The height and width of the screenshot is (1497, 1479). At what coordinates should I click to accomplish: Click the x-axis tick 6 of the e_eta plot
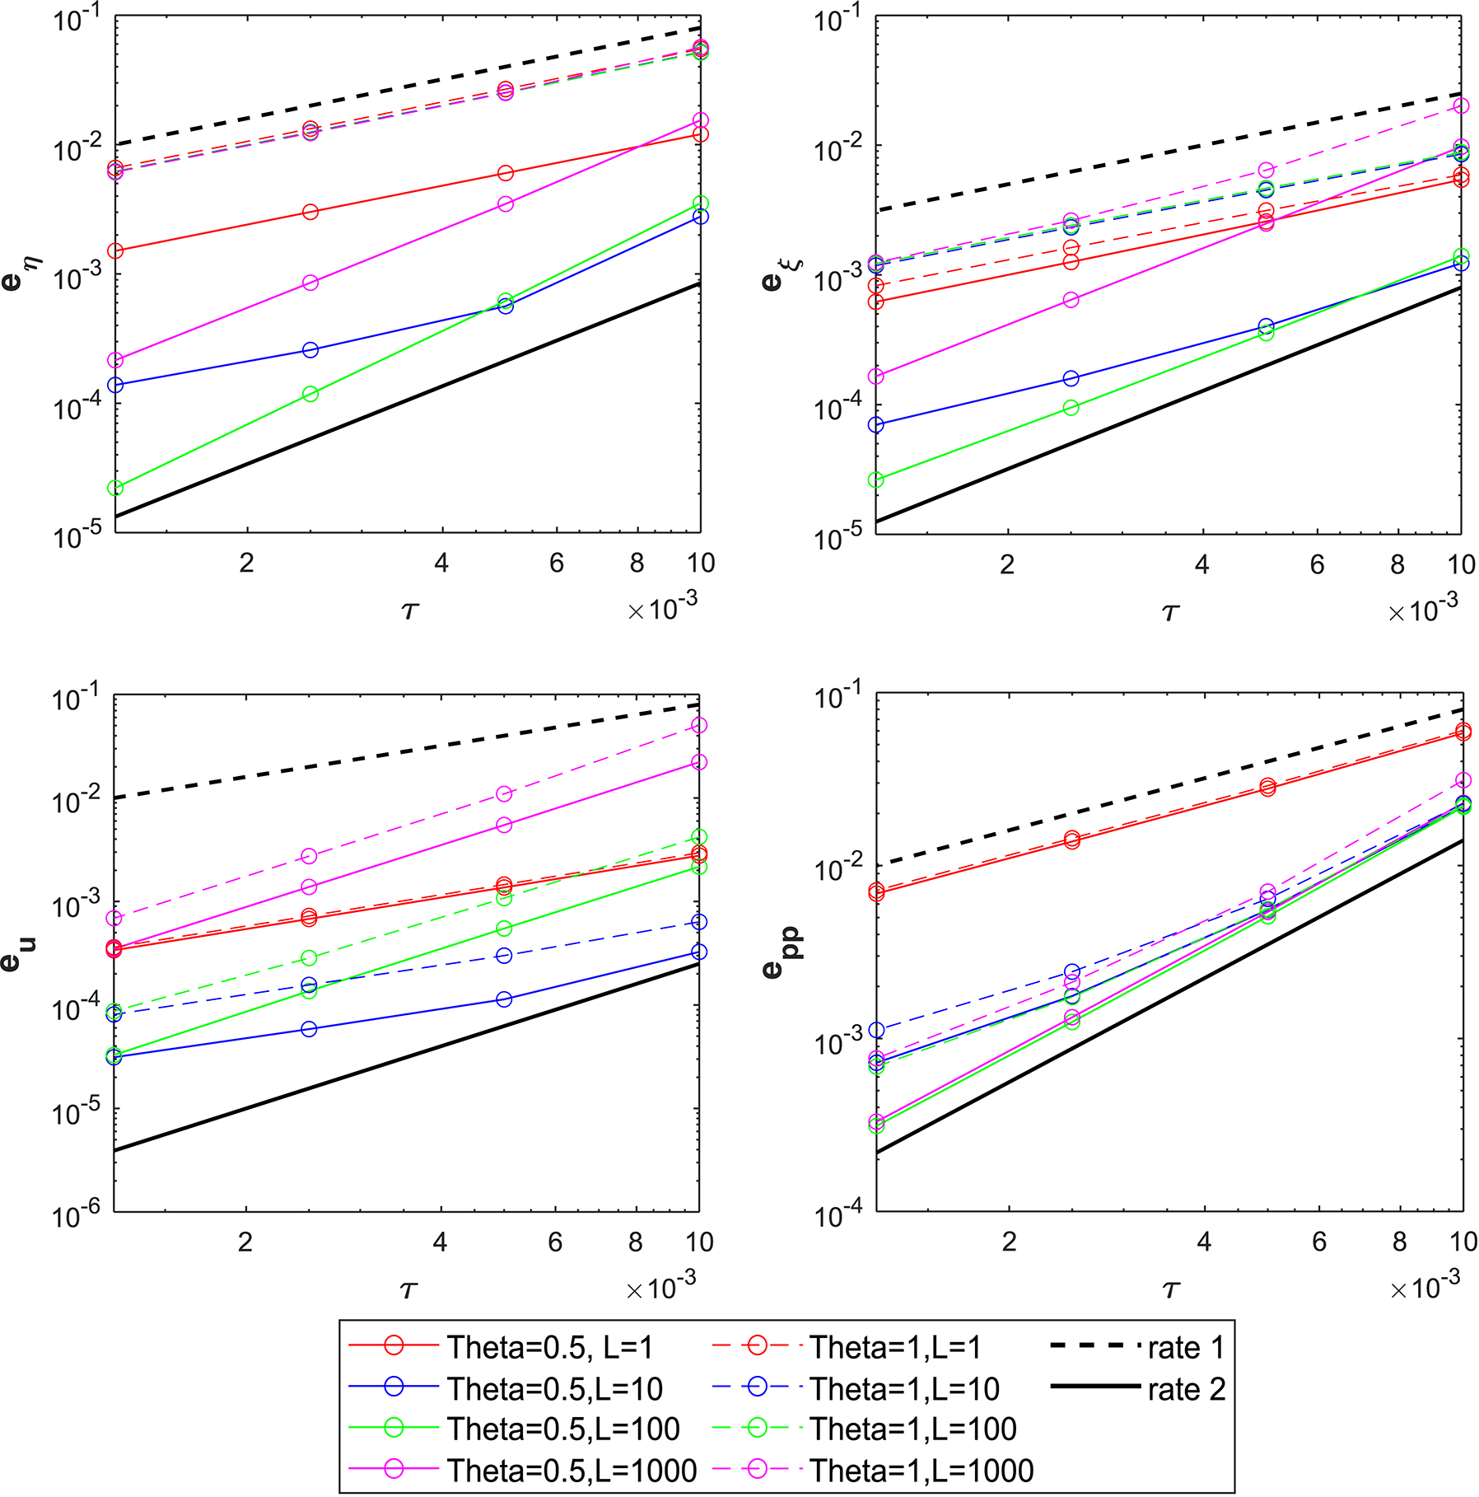(556, 564)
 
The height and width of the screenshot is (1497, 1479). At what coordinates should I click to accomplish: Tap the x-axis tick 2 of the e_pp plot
(1009, 1242)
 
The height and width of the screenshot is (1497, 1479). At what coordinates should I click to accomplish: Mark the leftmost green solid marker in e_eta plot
(115, 489)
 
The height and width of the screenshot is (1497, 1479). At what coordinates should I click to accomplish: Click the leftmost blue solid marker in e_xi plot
(876, 425)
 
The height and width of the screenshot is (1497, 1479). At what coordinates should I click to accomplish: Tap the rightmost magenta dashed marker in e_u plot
(699, 725)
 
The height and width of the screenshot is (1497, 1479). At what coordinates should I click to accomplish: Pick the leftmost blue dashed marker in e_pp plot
(877, 1031)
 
